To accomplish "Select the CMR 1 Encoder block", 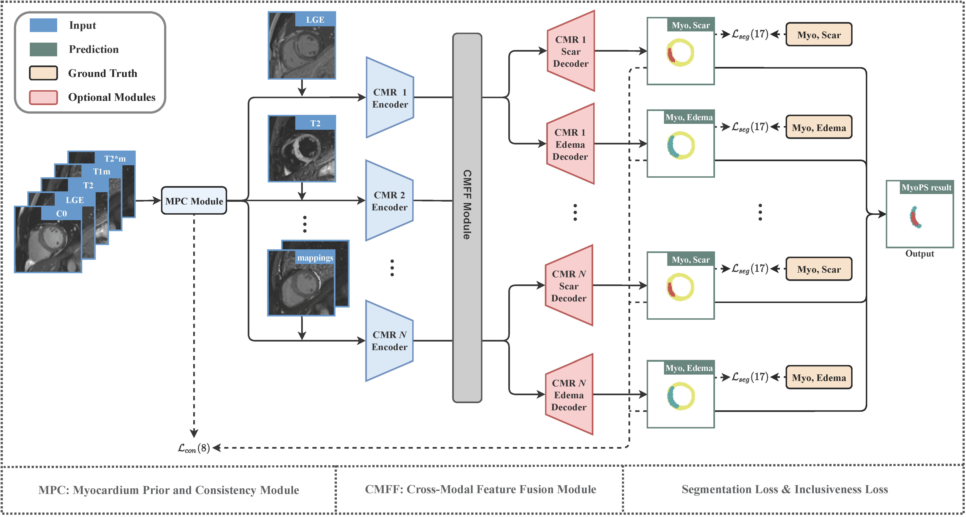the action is click(390, 98).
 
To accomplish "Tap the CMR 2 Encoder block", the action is click(389, 201).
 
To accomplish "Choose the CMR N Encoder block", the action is click(389, 341).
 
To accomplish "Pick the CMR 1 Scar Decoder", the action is click(571, 51).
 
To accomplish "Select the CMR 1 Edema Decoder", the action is click(570, 144).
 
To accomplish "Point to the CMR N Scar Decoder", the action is click(569, 286).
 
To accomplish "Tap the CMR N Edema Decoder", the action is click(569, 394).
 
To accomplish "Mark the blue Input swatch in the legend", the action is click(43, 25).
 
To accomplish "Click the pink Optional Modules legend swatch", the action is click(43, 97).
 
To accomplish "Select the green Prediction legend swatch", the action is click(43, 49).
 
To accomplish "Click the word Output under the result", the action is click(919, 254).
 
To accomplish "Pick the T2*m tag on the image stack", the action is click(115, 159).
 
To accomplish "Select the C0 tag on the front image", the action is click(61, 213).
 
